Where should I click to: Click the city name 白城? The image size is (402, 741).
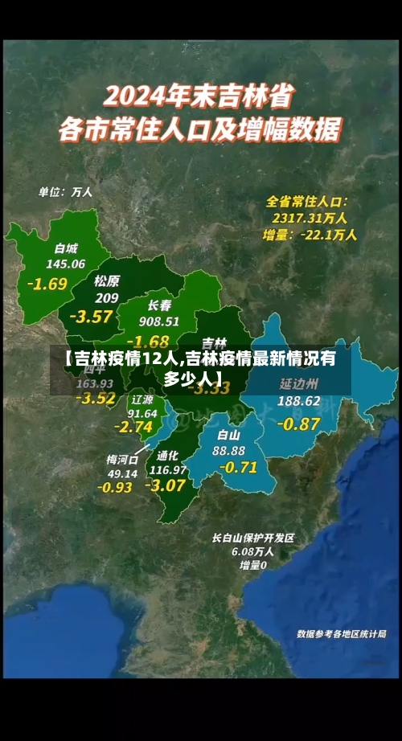tap(66, 248)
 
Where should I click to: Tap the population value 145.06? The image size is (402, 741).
tap(66, 264)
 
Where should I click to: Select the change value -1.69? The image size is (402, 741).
tap(47, 284)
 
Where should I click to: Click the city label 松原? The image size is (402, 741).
tap(106, 281)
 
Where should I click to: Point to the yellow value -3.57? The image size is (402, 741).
tap(91, 316)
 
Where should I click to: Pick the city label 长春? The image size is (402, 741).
tap(159, 305)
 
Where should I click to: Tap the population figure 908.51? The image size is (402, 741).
tap(159, 321)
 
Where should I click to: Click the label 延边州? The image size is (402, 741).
tap(299, 383)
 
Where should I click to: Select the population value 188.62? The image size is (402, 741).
tap(299, 400)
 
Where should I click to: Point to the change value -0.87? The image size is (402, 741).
tap(298, 423)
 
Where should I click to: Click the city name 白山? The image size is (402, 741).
tap(229, 435)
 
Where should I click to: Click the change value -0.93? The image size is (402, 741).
tap(115, 487)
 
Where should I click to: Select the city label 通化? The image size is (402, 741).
tap(168, 454)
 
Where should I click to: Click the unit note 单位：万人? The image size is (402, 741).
tap(66, 192)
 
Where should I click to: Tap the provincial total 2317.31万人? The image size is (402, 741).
tap(310, 218)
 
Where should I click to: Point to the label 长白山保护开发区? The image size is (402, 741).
tap(253, 538)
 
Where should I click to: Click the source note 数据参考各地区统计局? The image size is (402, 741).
tap(341, 634)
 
